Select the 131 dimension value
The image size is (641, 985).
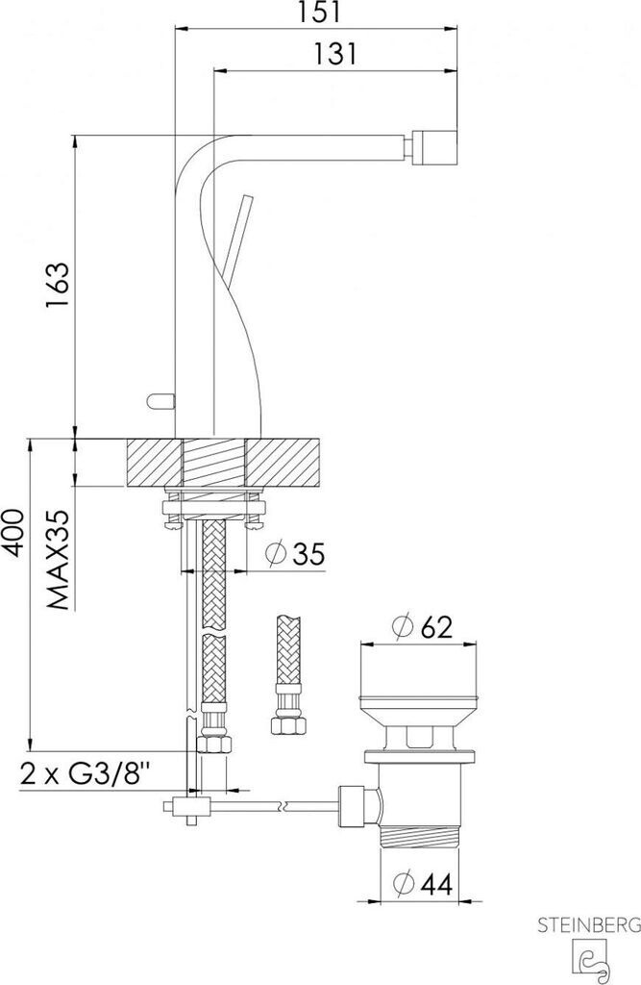(x=334, y=54)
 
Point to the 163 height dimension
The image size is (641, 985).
(x=57, y=285)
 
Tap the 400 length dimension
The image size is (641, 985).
(x=12, y=532)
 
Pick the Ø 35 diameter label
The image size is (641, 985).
(x=295, y=553)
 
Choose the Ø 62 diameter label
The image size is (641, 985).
(x=422, y=626)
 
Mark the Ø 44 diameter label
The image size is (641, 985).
(x=423, y=885)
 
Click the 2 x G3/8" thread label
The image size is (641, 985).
(x=86, y=773)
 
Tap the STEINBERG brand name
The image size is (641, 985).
(x=589, y=924)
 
